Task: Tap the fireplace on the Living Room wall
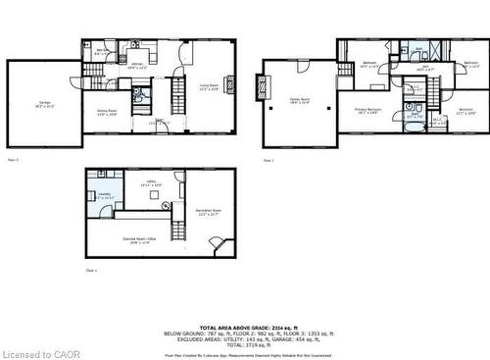pyautogui.click(x=229, y=85)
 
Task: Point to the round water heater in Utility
pyautogui.click(x=154, y=192)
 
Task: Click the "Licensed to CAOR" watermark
pyautogui.click(x=34, y=351)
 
